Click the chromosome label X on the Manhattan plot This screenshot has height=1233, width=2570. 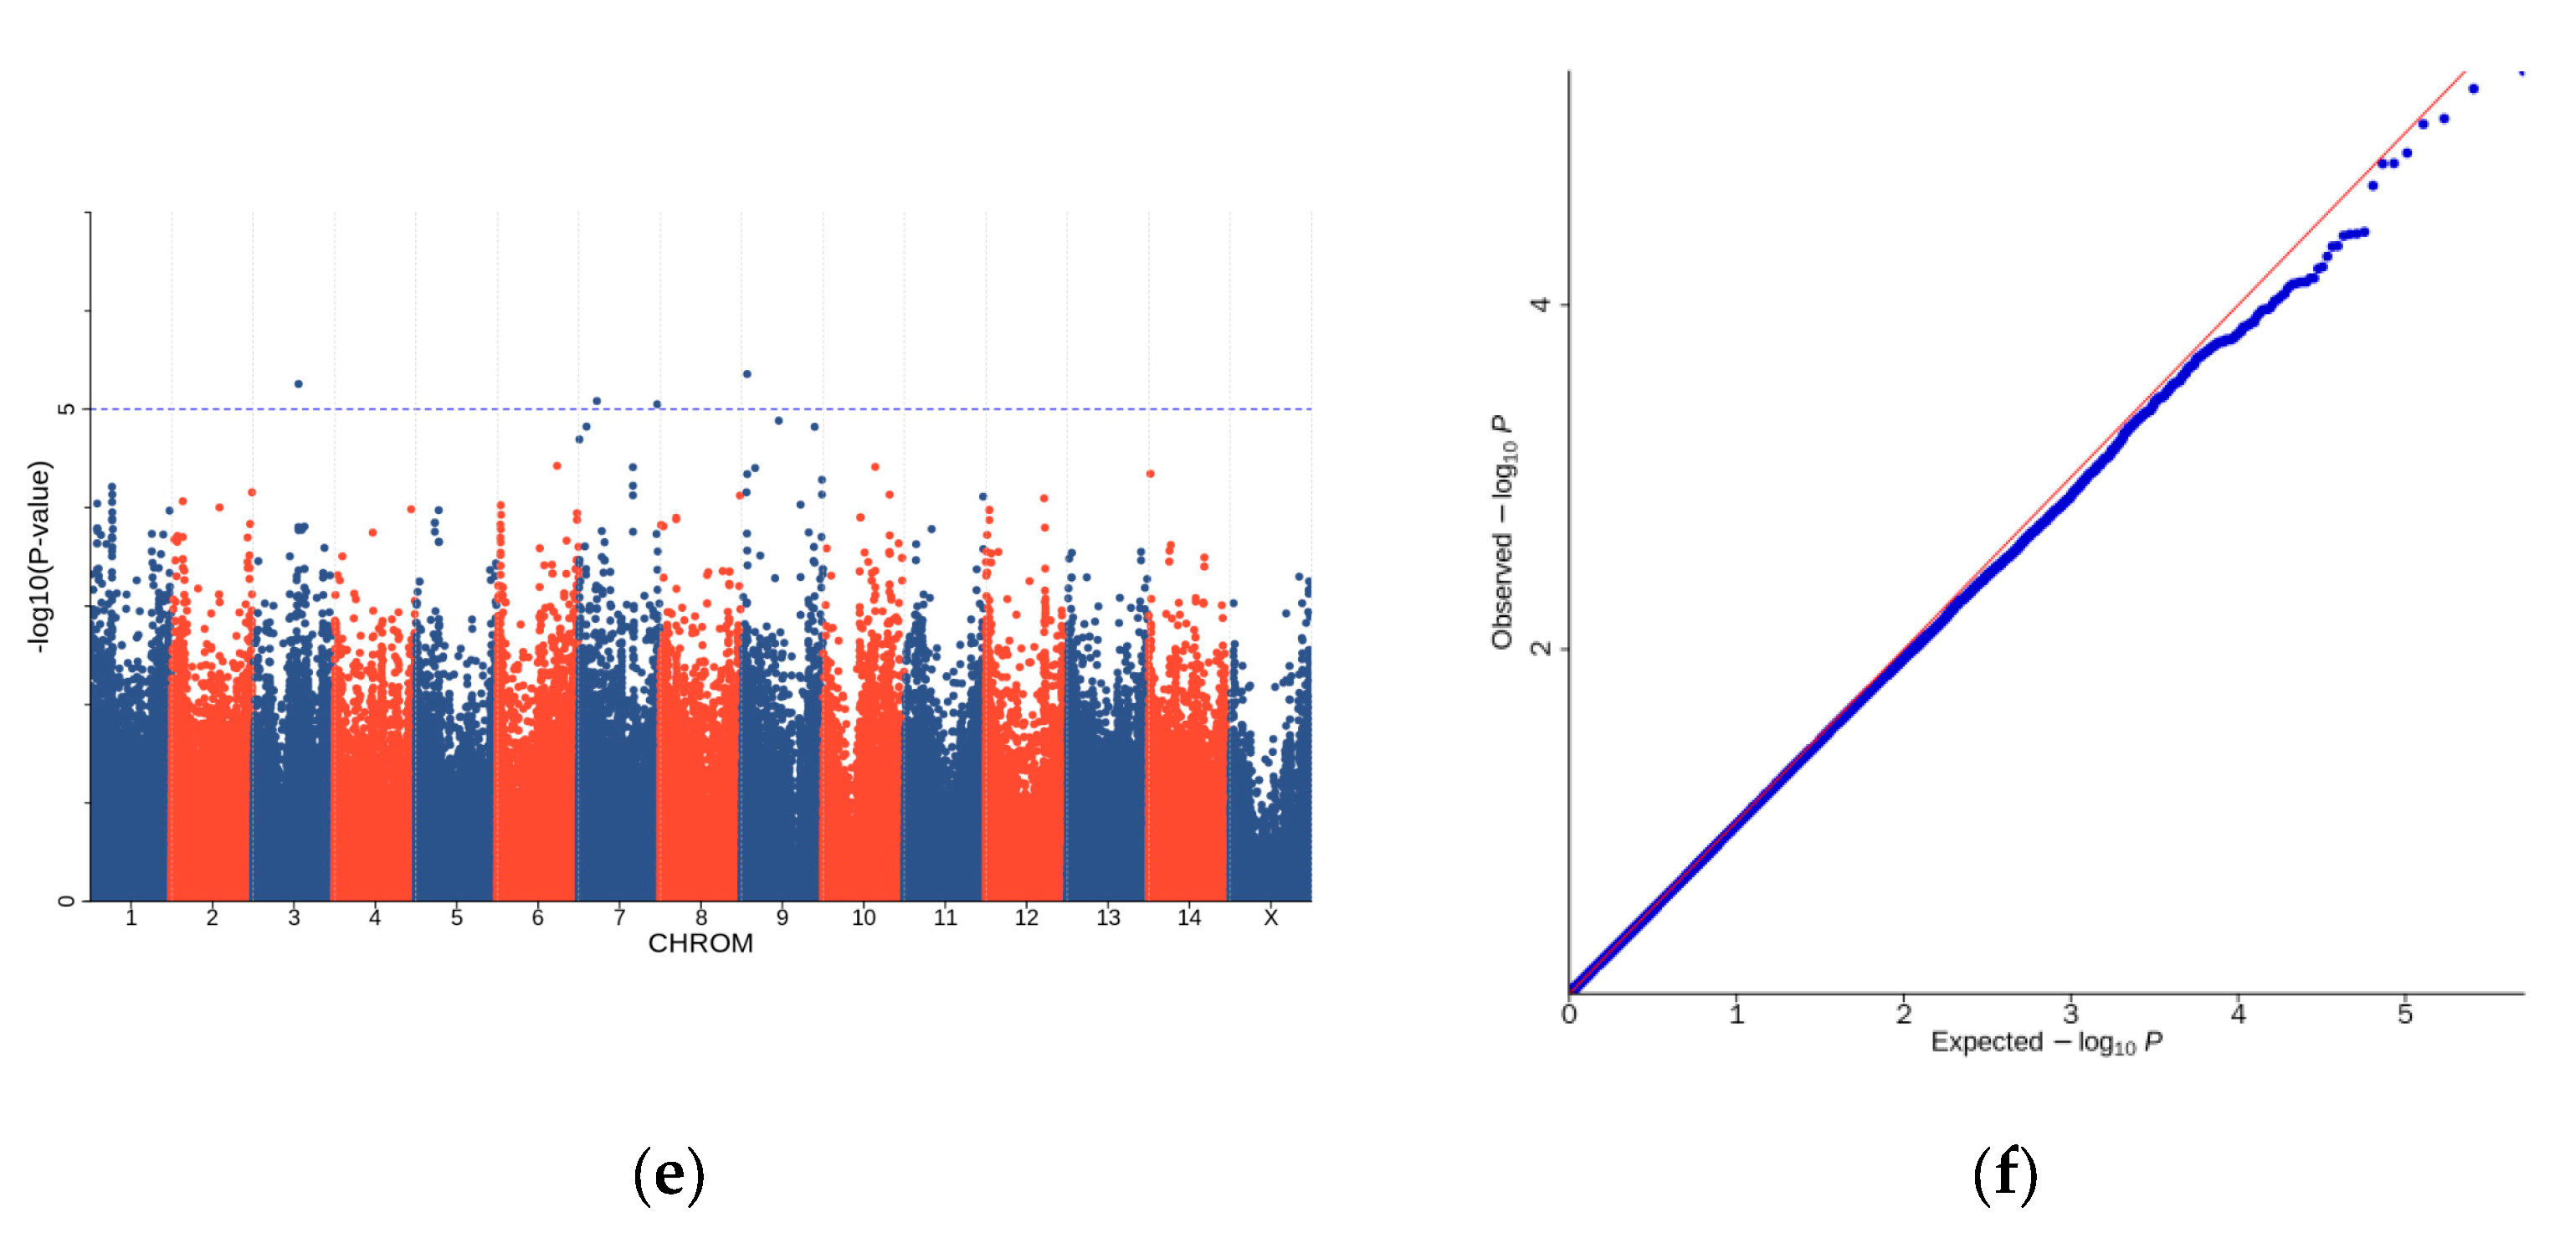click(x=1270, y=917)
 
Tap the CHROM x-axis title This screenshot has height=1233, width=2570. click(x=700, y=943)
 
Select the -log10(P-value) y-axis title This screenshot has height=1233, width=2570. click(x=38, y=557)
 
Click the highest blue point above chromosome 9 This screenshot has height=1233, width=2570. click(x=746, y=374)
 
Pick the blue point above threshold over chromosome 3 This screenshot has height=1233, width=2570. click(x=298, y=384)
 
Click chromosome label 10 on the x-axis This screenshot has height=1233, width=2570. click(x=863, y=917)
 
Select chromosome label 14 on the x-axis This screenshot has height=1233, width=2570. click(x=1188, y=917)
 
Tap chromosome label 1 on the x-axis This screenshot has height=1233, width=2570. click(x=131, y=917)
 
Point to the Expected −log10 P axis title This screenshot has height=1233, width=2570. click(x=2046, y=1042)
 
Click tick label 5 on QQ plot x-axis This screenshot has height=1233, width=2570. click(x=2404, y=1015)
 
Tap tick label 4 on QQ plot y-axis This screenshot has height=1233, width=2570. click(x=1541, y=304)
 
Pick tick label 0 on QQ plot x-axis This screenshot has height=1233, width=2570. click(x=1569, y=1015)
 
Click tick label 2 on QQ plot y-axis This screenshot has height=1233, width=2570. click(x=1541, y=649)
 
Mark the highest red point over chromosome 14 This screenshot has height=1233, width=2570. click(x=1151, y=474)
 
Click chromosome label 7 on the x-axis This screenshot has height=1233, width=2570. click(x=619, y=917)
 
